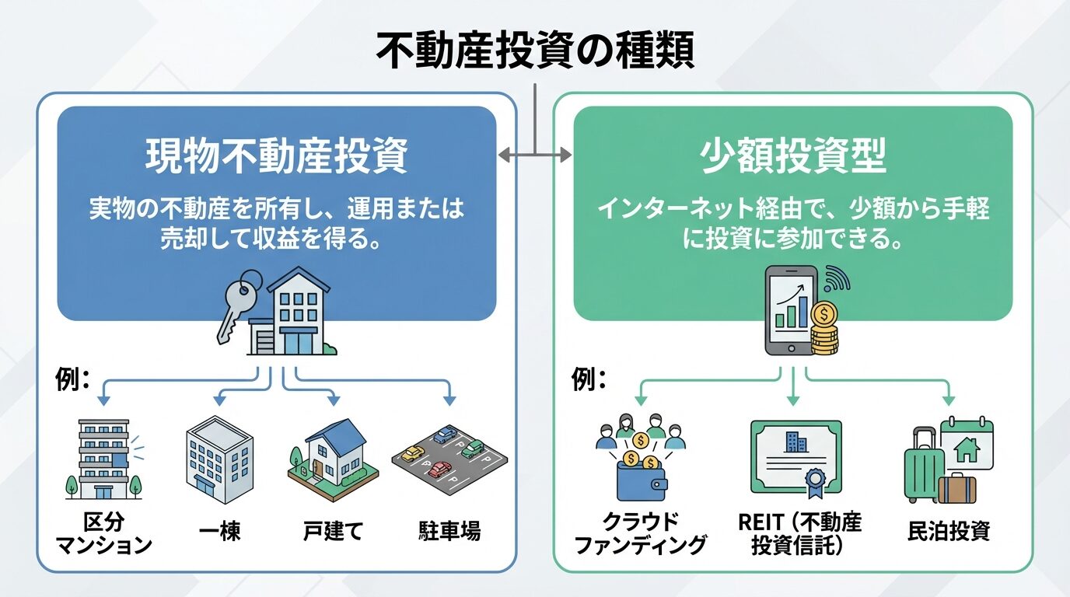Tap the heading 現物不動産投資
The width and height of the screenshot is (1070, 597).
[277, 156]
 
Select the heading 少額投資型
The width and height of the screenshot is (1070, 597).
[793, 156]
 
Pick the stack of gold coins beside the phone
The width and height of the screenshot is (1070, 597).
[824, 331]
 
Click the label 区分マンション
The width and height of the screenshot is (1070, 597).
[104, 532]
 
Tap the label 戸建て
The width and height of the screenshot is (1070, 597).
[334, 532]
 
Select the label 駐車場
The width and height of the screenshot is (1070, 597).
[449, 532]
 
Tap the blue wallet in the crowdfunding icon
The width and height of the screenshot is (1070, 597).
[640, 480]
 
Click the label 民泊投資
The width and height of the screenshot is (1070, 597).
[949, 532]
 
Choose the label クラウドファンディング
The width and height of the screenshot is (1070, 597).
[640, 532]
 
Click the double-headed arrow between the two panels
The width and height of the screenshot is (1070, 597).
[535, 155]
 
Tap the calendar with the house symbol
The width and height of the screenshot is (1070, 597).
[967, 445]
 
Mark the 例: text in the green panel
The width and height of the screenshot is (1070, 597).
[588, 380]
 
